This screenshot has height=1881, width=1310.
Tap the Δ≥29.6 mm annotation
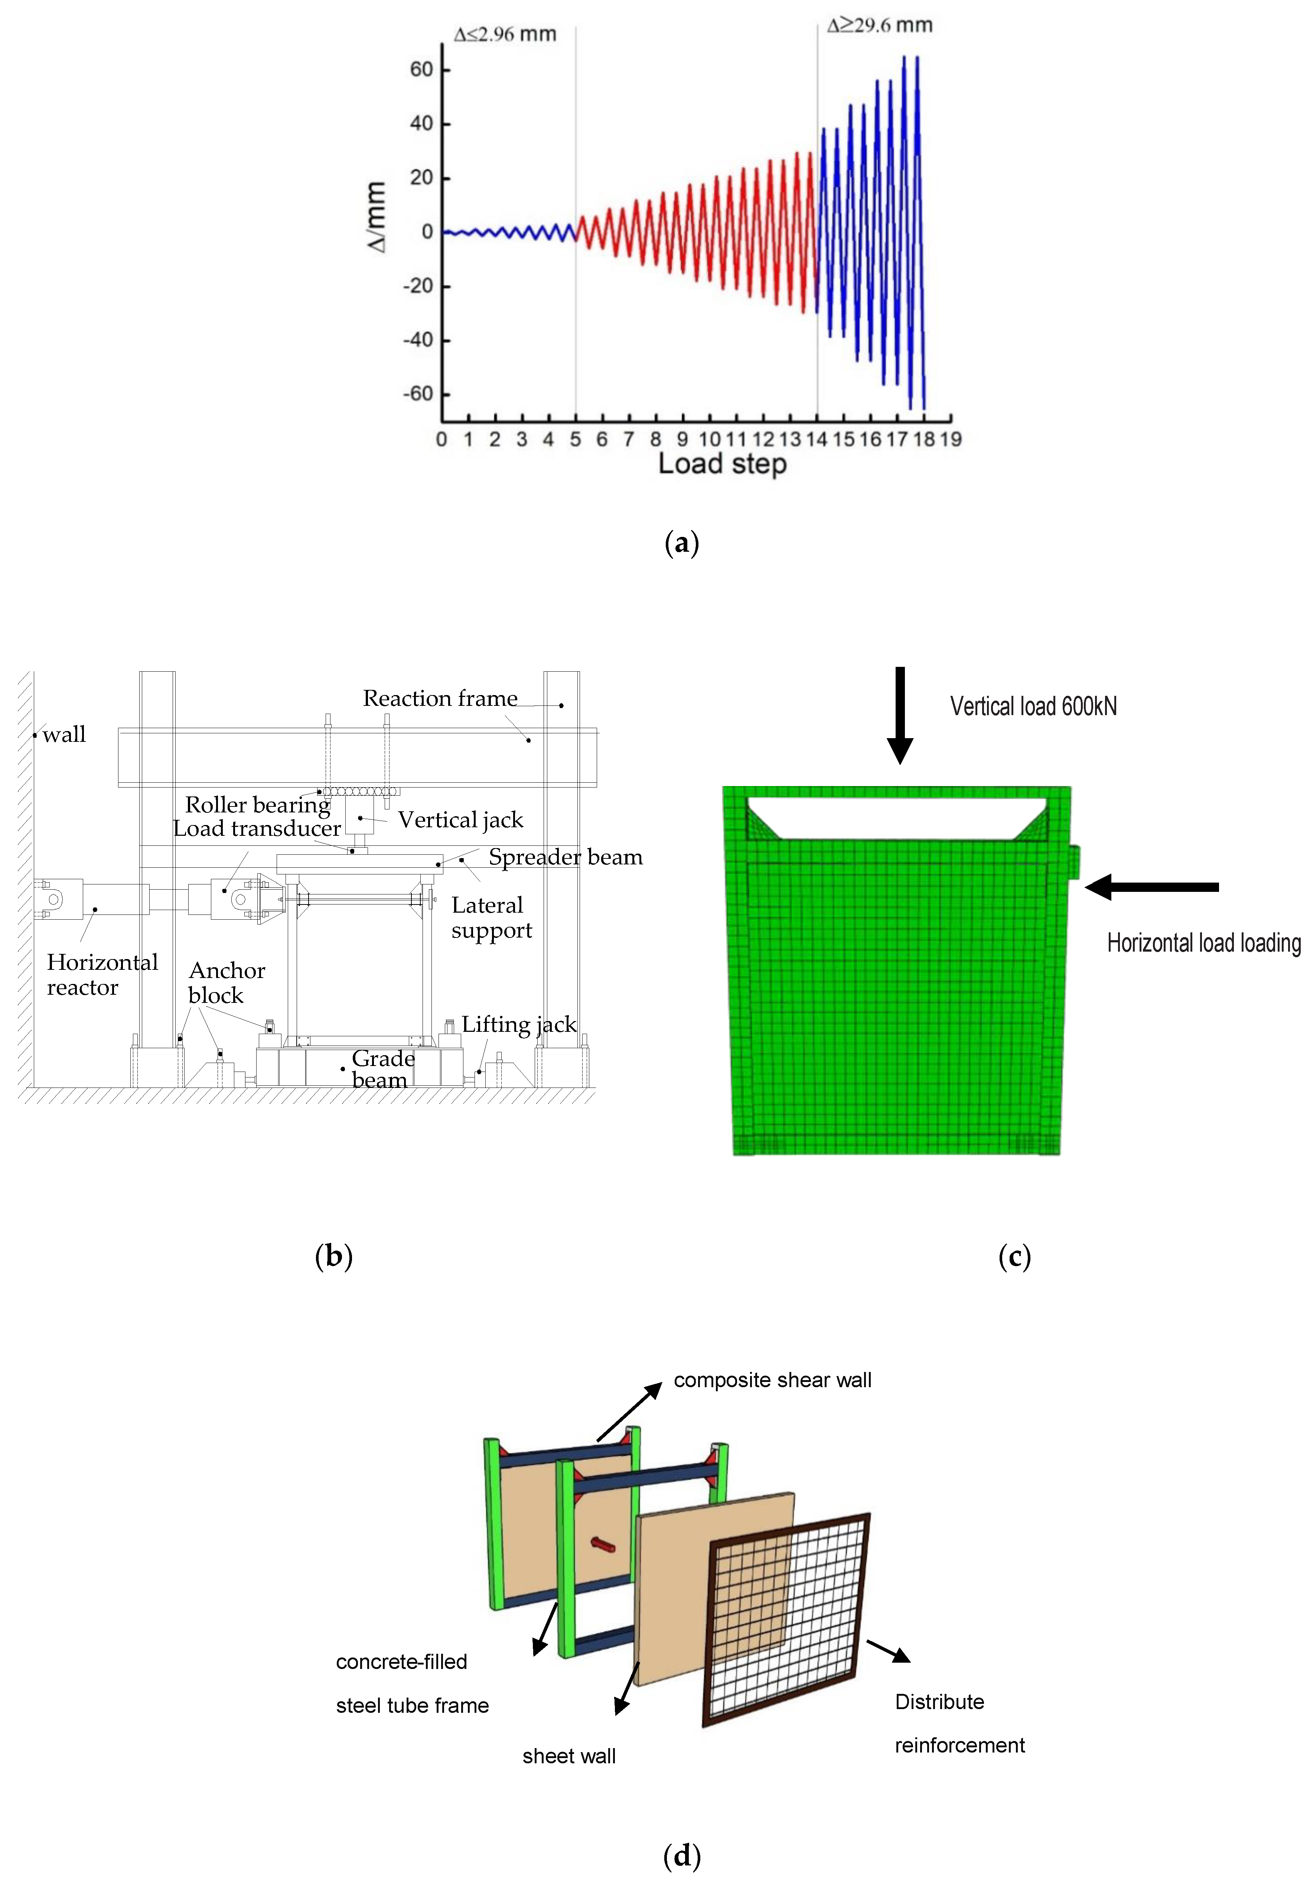coord(879,25)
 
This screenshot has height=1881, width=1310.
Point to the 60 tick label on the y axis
coord(421,70)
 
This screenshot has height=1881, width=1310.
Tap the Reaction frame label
coord(440,699)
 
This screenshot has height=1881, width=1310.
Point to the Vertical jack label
coord(460,820)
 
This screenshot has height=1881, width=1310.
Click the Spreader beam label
coord(565,857)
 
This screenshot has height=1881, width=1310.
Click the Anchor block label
coord(226,982)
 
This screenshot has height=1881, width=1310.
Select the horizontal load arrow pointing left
coord(1151,886)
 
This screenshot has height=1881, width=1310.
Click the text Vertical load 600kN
coord(1033,706)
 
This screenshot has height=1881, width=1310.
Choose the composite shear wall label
coord(772,1380)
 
